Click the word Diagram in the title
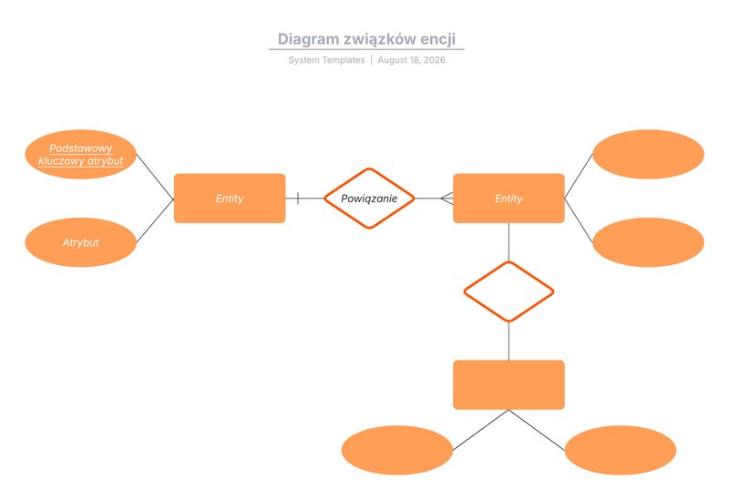302,39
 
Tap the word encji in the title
438,39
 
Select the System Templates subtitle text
326,60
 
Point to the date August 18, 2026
412,60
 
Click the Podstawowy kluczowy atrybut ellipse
81,154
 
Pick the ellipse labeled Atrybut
81,242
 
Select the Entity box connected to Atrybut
230,199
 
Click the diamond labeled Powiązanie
369,199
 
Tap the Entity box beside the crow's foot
508,199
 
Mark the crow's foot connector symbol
447,199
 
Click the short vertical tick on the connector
298,199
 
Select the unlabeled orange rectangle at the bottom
508,384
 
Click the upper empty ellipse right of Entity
649,154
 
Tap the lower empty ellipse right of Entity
649,242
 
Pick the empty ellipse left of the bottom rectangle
397,450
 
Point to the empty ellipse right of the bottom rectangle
621,450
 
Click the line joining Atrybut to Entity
155,220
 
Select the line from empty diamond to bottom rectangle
508,342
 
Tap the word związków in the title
373,39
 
